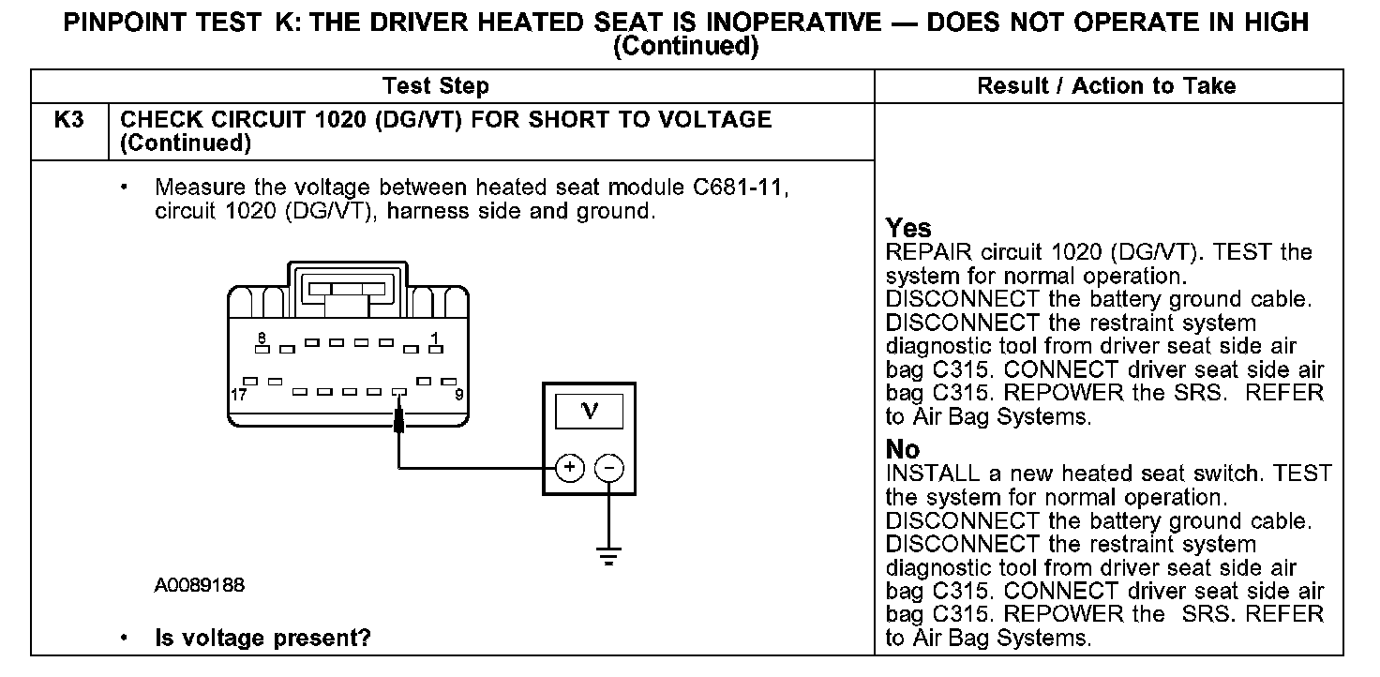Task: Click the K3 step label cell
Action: click(69, 121)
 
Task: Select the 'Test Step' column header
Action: click(435, 87)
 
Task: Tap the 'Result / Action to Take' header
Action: click(1106, 87)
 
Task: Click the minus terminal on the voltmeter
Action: click(609, 467)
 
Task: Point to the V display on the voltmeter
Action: click(589, 412)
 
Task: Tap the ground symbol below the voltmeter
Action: click(609, 557)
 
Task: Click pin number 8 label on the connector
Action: click(262, 337)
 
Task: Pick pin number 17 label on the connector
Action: click(239, 395)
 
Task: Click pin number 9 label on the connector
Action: click(459, 395)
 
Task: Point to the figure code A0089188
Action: click(200, 586)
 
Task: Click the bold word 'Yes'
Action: click(908, 229)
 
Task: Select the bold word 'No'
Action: click(903, 450)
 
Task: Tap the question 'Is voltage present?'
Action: click(262, 639)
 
